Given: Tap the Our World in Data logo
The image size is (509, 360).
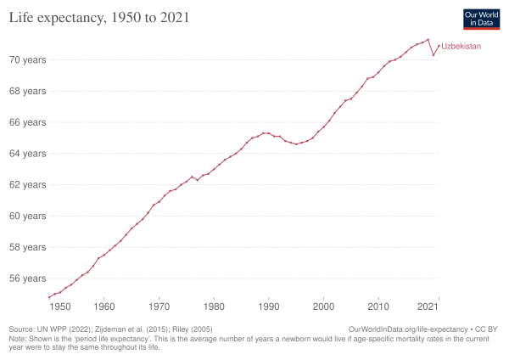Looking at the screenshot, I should coord(480,20).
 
